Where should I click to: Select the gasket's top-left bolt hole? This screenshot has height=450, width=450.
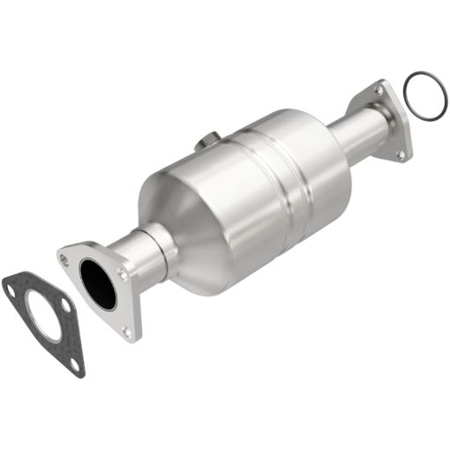pyautogui.click(x=11, y=284)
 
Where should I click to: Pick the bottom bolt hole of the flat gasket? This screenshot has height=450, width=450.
pyautogui.click(x=75, y=363)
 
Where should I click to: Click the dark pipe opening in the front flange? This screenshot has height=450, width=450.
pyautogui.click(x=97, y=283)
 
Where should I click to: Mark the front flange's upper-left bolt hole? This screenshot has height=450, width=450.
pyautogui.click(x=64, y=259)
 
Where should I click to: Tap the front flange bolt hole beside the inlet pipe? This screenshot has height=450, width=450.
pyautogui.click(x=122, y=274)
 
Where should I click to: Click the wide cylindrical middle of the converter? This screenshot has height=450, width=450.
pyautogui.click(x=265, y=190)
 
